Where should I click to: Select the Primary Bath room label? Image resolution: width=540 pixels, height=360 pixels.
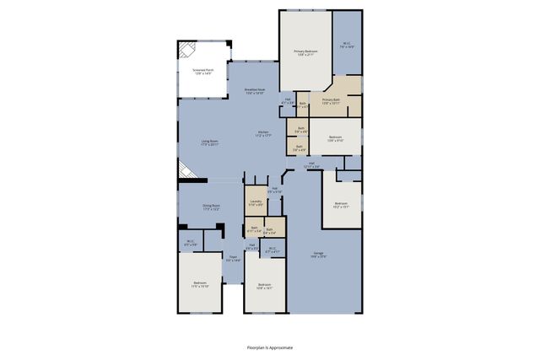[x=330, y=100]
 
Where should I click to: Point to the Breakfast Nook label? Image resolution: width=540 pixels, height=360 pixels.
[x=255, y=90]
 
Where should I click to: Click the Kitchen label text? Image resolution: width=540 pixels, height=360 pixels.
[x=264, y=132]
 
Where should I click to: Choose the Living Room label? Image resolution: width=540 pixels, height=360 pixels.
[x=210, y=142]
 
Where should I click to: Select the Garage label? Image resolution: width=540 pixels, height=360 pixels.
[x=318, y=253]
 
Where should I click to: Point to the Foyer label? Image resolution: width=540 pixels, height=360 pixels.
[x=234, y=258]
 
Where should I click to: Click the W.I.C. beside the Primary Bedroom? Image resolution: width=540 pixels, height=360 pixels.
[x=346, y=45]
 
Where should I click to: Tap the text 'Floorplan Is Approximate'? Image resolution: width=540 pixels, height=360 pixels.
[x=270, y=347]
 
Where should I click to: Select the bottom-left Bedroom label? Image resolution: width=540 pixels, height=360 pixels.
[x=199, y=284]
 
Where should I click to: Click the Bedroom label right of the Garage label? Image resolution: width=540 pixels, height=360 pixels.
[x=341, y=204]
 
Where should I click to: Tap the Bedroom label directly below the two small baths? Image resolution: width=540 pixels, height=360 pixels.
[x=264, y=285]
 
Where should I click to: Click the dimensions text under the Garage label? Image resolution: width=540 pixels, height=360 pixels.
[x=318, y=256]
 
